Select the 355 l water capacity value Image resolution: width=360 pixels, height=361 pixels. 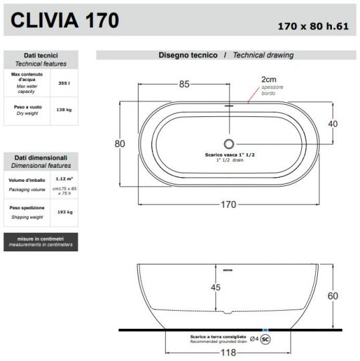(64, 84)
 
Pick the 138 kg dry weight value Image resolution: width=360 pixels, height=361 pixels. (64, 110)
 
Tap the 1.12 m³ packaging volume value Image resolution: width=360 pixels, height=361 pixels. (64, 179)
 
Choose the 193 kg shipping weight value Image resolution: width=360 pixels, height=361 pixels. (64, 212)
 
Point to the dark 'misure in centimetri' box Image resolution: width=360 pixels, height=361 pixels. (40, 242)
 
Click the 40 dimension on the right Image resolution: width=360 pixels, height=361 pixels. (332, 124)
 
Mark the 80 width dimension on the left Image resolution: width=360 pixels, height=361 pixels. (120, 143)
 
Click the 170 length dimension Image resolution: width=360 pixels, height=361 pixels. (228, 205)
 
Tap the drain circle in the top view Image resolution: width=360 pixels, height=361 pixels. (229, 143)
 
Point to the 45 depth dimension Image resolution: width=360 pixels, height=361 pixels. (215, 288)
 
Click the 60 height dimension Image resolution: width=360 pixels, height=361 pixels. (333, 296)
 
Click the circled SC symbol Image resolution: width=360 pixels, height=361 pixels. (265, 339)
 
